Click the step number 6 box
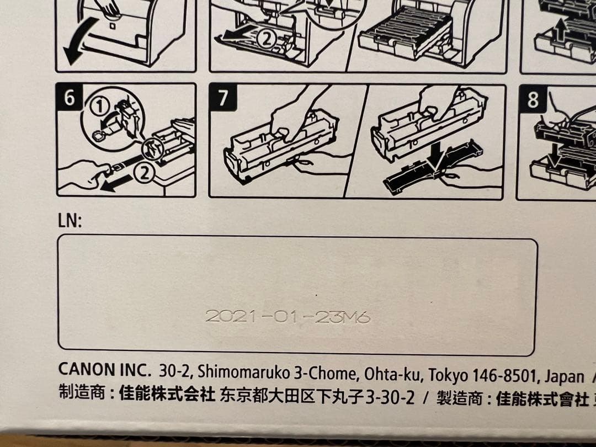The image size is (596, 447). tap(69, 98)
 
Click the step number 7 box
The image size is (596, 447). tap(223, 98)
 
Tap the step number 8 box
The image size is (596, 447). tap(533, 100)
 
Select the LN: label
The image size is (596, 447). tap(70, 222)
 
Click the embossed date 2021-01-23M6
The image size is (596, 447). tap(287, 317)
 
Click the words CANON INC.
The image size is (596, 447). tap(105, 370)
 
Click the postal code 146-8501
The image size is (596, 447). tap(508, 375)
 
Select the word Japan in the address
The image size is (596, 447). tap(564, 376)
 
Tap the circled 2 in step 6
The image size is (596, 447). tap(143, 174)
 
